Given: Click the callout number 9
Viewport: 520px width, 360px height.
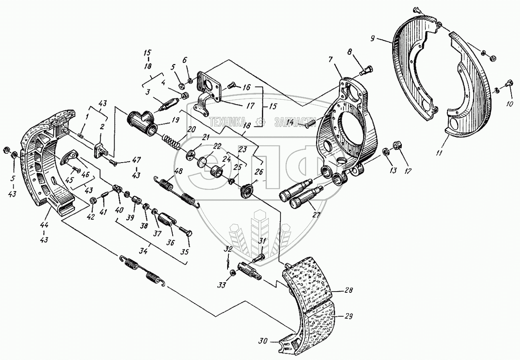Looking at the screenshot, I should [373, 39].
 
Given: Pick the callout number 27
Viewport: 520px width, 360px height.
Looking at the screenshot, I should [317, 215].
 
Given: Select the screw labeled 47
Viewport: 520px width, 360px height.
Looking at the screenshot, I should [113, 163].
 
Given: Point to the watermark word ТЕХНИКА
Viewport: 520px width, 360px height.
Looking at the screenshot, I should [230, 122].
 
